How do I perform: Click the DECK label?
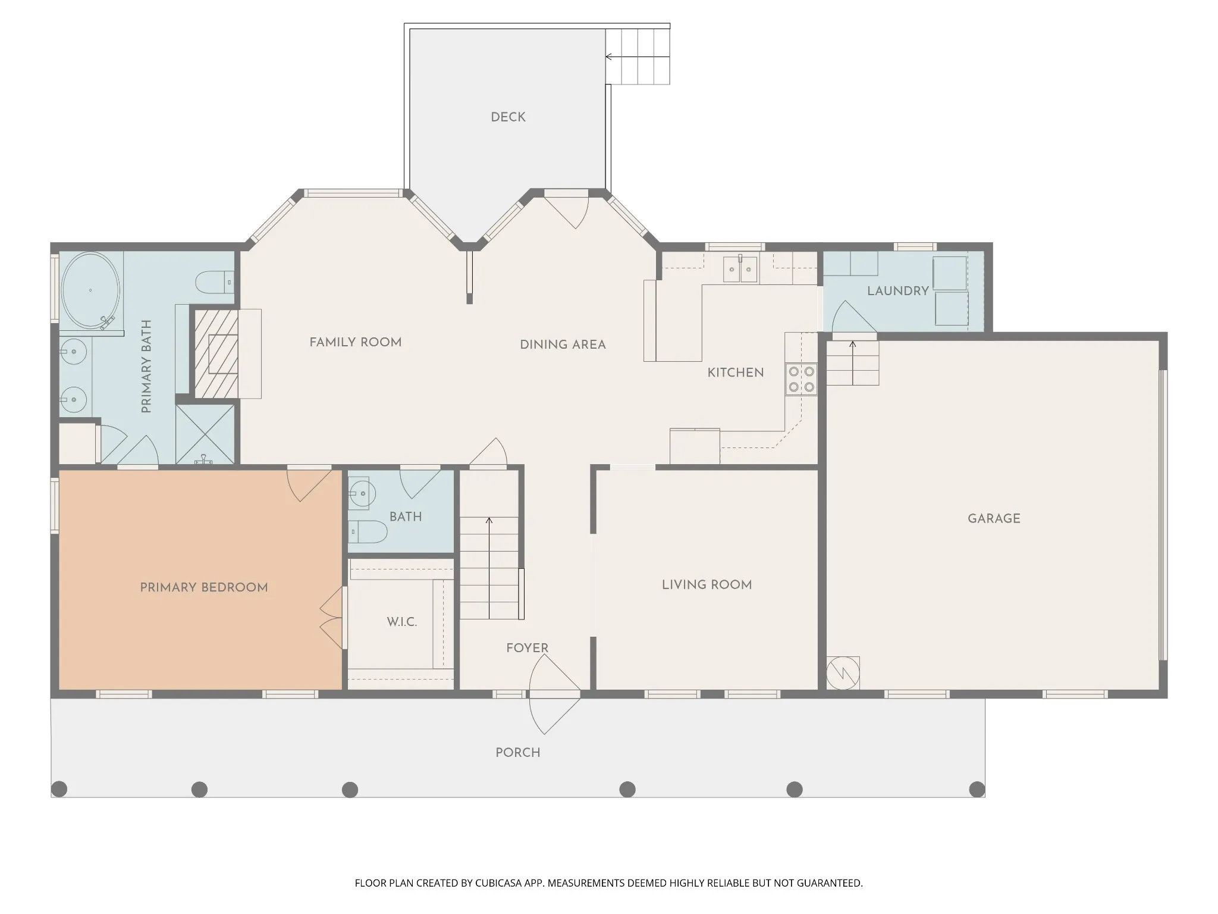[x=508, y=117]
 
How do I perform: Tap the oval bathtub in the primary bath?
[x=90, y=290]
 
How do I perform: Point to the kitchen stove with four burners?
[x=801, y=379]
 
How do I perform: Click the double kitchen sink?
[x=740, y=270]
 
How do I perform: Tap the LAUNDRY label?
[x=897, y=291]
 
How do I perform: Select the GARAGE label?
[x=994, y=518]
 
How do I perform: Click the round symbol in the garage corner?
[x=843, y=673]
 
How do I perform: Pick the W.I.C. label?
[x=402, y=622]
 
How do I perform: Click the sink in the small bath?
[x=361, y=493]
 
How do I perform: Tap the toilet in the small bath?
[x=368, y=531]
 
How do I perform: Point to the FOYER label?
[x=527, y=648]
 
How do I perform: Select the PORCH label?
[x=518, y=753]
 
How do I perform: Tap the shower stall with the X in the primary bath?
[x=205, y=434]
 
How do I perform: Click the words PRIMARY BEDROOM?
[x=204, y=587]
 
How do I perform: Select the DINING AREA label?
[x=563, y=345]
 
